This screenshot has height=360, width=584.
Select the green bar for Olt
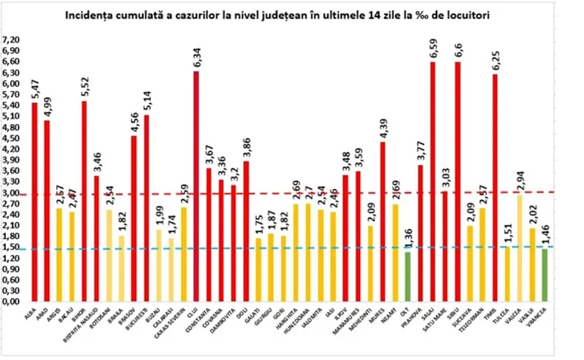point(407,276)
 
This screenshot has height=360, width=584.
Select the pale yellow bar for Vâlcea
point(520,248)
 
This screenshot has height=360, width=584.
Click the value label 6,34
point(196,55)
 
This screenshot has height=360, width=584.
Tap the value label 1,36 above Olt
point(407,237)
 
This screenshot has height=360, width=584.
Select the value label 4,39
point(383,127)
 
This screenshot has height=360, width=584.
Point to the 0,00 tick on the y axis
point(13,301)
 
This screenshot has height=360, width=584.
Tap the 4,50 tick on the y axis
point(13,138)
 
